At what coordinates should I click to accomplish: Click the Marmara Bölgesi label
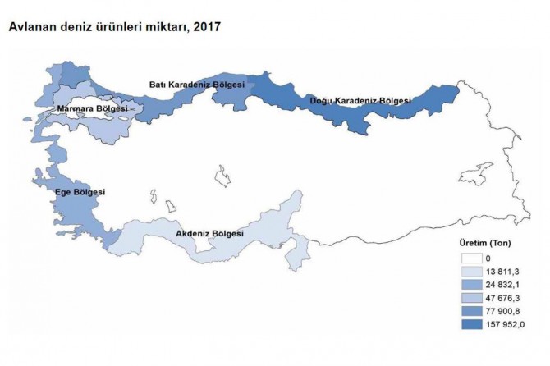pyautogui.click(x=91, y=108)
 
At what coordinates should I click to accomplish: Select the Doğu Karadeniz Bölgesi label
pyautogui.click(x=360, y=101)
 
